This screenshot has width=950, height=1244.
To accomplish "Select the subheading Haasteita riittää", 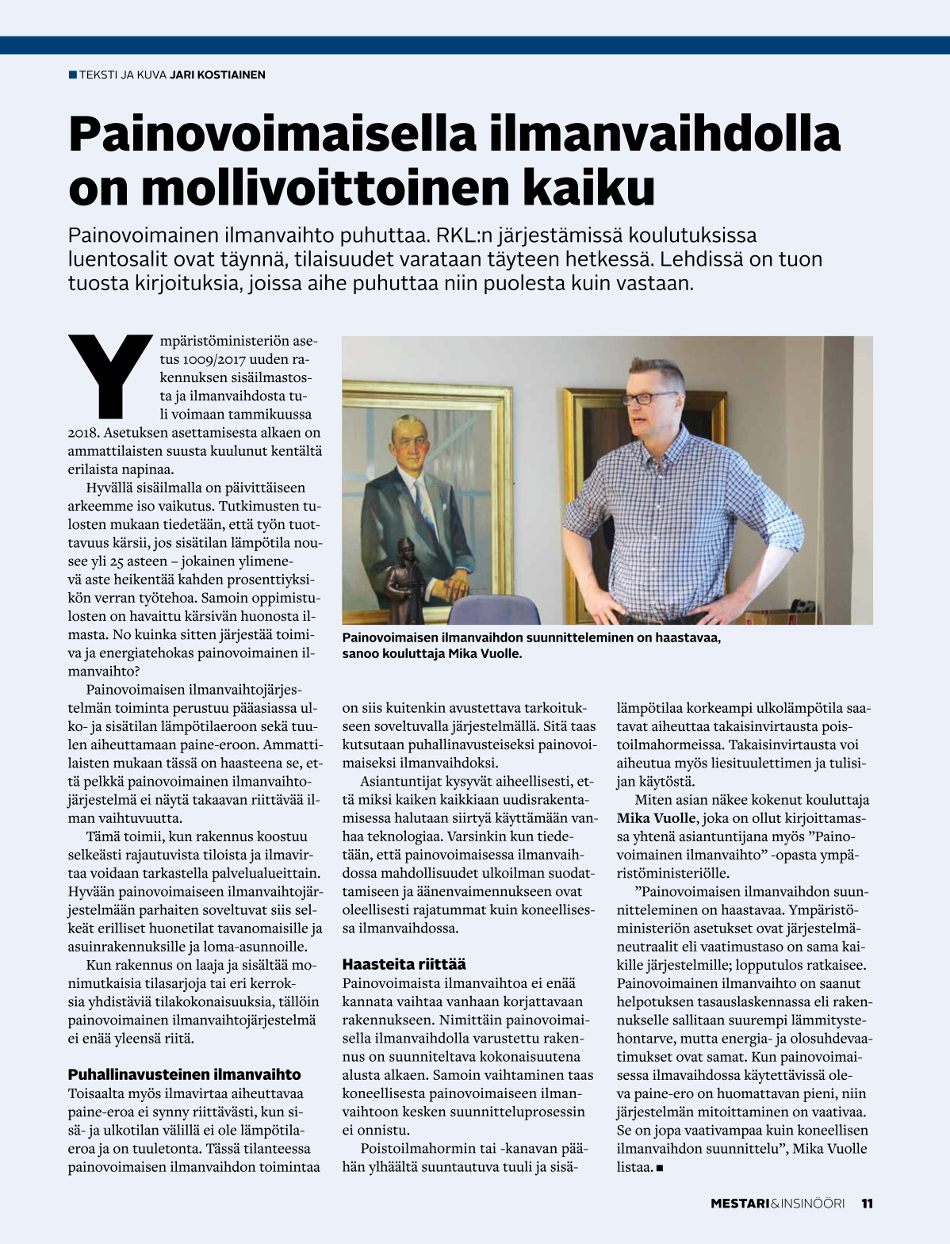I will (x=404, y=964).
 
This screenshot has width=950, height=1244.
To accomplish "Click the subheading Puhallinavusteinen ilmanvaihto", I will (x=184, y=1074).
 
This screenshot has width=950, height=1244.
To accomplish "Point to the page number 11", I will (x=867, y=1204).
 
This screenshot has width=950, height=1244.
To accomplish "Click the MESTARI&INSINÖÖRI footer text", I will (x=777, y=1204).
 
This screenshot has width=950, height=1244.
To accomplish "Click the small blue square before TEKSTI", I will (x=73, y=75).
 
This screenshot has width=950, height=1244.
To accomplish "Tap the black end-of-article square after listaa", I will (x=659, y=1168).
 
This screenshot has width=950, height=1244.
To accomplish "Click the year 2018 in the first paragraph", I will (x=83, y=433).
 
